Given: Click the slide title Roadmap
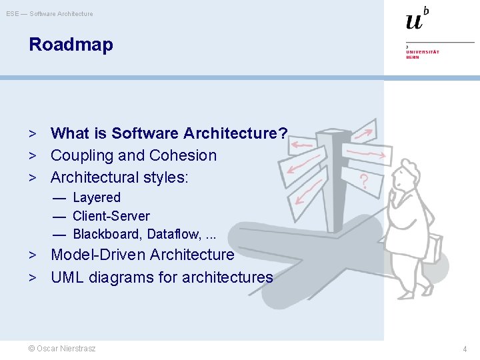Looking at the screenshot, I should pyautogui.click(x=71, y=45).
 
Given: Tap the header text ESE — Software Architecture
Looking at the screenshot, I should pyautogui.click(x=50, y=13).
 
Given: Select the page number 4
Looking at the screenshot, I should pyautogui.click(x=465, y=349).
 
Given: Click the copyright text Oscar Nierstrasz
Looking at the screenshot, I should pyautogui.click(x=62, y=349).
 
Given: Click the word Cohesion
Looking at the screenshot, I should pyautogui.click(x=183, y=155).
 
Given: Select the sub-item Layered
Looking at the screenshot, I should pyautogui.click(x=97, y=197).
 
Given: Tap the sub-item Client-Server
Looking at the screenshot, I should pyautogui.click(x=111, y=216).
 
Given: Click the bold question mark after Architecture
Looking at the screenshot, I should pyautogui.click(x=283, y=133).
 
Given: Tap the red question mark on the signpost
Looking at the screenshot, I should pyautogui.click(x=364, y=180).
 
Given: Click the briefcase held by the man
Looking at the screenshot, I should pyautogui.click(x=434, y=248).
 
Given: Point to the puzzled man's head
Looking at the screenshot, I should pyautogui.click(x=405, y=178).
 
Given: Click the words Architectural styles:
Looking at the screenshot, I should pyautogui.click(x=120, y=177).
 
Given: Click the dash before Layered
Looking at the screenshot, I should pyautogui.click(x=60, y=198).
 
